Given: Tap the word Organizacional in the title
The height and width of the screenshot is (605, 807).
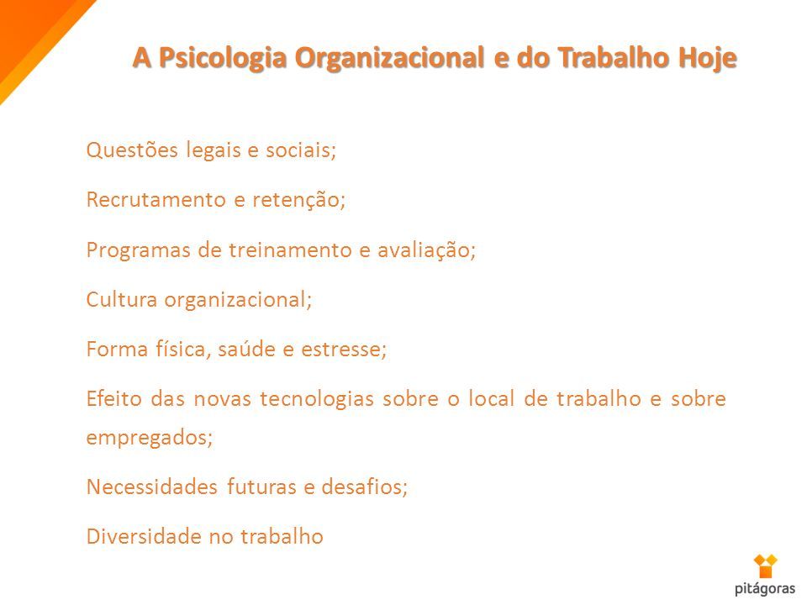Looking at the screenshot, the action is (389, 58).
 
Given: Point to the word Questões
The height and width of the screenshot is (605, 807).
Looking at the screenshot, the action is (132, 150).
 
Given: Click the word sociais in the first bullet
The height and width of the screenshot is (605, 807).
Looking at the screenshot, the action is (301, 150).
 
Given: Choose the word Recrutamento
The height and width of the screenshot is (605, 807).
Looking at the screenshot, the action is (156, 200).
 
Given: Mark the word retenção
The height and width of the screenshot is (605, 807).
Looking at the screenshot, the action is (298, 200).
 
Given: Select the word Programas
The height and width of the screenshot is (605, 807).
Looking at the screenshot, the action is (138, 250).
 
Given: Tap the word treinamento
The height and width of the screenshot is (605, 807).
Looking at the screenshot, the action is (289, 250).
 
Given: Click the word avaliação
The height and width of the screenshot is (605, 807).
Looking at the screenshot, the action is (427, 250).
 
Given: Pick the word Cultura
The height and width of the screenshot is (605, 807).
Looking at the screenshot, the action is (121, 299).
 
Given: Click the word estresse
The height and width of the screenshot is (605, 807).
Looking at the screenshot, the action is (344, 350).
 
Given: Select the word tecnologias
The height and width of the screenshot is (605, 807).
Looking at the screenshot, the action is (317, 399).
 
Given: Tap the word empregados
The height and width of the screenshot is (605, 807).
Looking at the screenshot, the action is (150, 438).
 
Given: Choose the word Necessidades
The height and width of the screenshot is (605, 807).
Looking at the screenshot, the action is (152, 487).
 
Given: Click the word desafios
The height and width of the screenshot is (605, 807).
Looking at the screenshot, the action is (364, 487).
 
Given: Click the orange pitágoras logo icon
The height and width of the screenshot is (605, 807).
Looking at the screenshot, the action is (765, 566).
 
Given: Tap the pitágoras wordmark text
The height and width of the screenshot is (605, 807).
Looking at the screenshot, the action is (765, 588).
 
